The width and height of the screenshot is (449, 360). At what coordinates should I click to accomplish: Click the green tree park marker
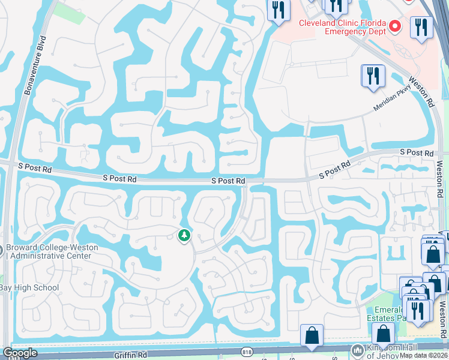(184, 236)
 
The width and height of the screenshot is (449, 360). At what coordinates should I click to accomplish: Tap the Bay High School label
(29, 287)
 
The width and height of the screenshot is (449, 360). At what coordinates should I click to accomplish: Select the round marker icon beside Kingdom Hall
(358, 350)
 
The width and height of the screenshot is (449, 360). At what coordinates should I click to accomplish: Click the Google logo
(20, 353)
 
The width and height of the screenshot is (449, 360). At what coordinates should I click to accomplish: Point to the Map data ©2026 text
(423, 355)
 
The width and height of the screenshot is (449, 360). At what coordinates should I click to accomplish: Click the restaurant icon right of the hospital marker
(421, 27)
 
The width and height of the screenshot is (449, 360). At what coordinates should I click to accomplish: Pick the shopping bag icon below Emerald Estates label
(383, 333)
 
